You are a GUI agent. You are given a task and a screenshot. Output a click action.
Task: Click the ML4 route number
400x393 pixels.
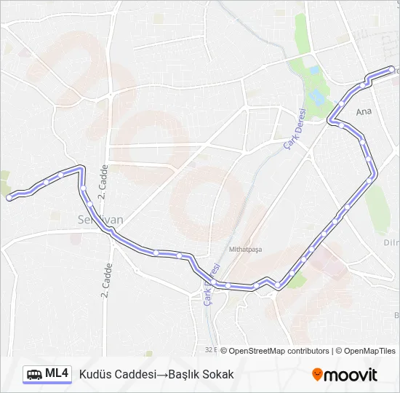coord(57,374)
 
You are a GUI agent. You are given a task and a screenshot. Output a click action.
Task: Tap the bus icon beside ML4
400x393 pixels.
coord(34,375)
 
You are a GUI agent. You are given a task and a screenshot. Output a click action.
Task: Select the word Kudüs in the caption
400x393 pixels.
coord(93,374)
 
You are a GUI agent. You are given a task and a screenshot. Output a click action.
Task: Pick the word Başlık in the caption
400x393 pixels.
coord(186,374)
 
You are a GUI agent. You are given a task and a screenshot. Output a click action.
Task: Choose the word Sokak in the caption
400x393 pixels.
coord(220,374)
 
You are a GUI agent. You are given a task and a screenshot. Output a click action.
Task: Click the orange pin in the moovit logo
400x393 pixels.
coord(317,375)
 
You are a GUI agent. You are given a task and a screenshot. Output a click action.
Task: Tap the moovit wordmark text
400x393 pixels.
coord(351,375)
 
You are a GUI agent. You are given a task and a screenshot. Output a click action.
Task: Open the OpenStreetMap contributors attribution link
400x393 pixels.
coord(279,351)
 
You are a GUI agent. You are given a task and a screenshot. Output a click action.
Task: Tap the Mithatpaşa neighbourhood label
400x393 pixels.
coord(245,249)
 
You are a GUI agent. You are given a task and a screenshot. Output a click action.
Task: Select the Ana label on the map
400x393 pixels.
coord(364,113)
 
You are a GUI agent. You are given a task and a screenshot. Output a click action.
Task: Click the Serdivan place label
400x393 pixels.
coord(100,218)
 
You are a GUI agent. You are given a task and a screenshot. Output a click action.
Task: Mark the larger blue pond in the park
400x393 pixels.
coord(317,97)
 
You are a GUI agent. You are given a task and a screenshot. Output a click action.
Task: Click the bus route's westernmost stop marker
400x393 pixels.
coord(9,197)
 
